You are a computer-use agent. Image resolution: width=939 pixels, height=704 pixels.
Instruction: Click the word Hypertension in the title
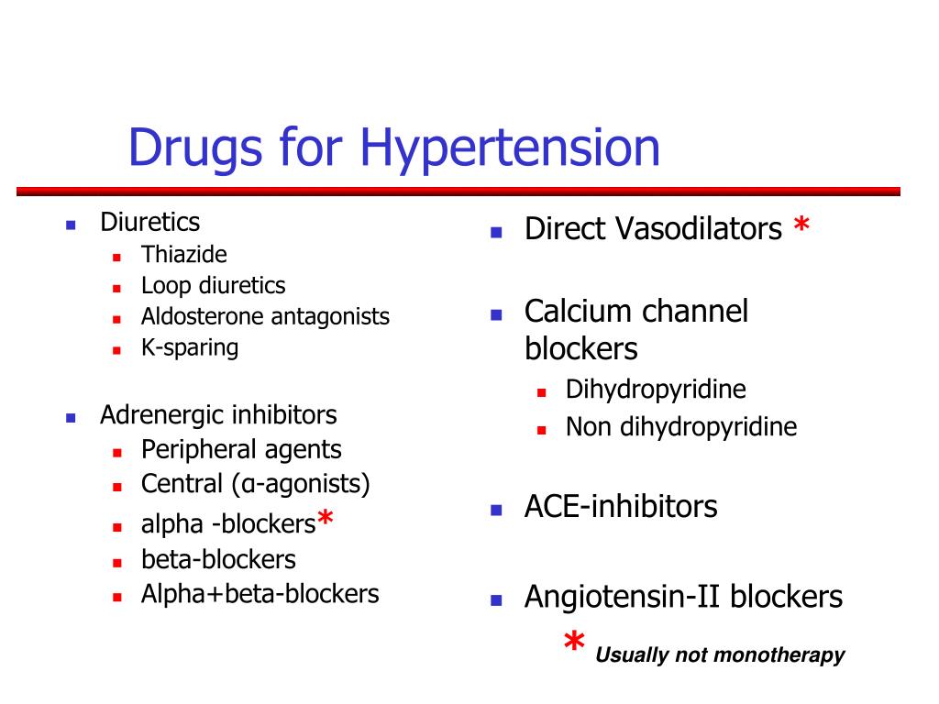(510, 148)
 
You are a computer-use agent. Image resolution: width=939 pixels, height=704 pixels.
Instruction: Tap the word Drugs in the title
(195, 148)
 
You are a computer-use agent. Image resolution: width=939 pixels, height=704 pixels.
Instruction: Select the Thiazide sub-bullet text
(183, 255)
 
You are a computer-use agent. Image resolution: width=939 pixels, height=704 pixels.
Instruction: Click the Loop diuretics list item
(213, 286)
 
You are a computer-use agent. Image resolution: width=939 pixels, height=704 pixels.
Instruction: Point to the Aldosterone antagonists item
(265, 316)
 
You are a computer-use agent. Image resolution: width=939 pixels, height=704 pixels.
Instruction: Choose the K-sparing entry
(190, 347)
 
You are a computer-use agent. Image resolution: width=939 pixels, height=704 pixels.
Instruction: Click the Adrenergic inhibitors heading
(218, 415)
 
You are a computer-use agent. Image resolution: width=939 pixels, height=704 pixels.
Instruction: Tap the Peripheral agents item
(241, 449)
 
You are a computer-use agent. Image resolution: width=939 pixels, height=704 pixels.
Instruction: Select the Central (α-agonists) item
(256, 484)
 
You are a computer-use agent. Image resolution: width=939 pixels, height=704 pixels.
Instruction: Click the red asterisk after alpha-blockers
(326, 517)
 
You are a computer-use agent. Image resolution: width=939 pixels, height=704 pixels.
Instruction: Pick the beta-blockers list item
(218, 560)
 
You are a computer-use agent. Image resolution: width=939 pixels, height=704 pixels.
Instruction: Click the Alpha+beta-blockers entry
(260, 594)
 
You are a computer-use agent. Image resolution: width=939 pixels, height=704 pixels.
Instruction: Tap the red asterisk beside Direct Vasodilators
(801, 225)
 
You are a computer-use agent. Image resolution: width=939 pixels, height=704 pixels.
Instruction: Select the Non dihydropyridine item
(681, 427)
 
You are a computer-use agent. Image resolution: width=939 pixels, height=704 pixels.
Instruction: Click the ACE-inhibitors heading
(621, 506)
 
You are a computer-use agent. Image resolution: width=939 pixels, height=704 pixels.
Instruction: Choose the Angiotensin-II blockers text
(684, 597)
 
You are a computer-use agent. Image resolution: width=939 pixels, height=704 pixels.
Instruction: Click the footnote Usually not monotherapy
(720, 654)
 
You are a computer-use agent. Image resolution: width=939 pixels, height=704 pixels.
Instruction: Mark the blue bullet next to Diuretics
(71, 225)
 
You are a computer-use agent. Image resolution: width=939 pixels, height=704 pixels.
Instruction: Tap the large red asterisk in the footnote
(574, 641)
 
